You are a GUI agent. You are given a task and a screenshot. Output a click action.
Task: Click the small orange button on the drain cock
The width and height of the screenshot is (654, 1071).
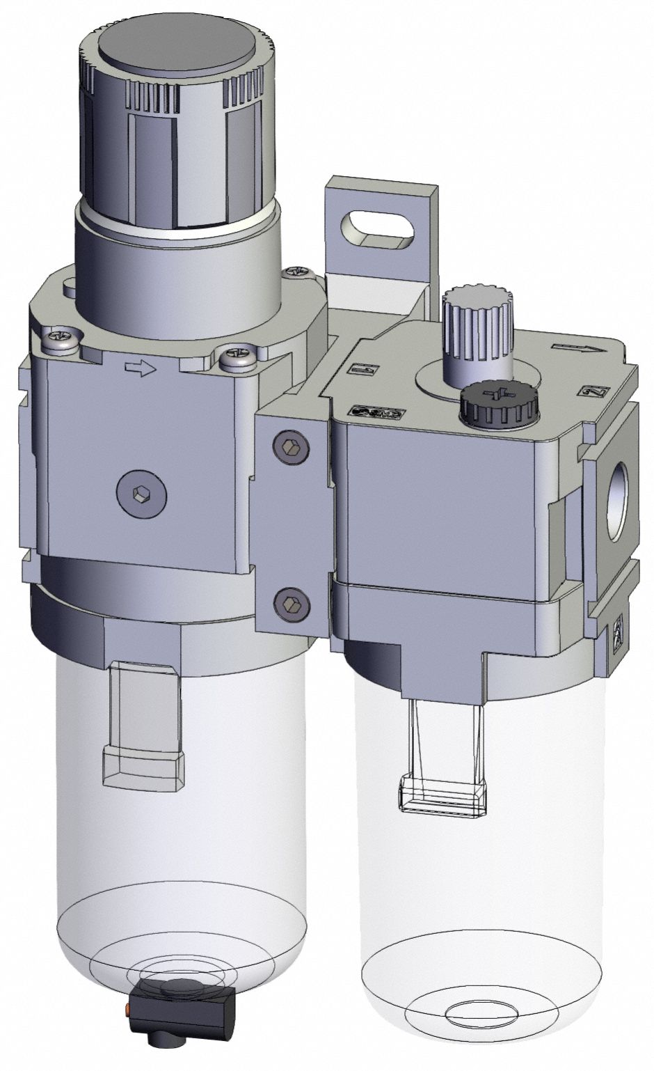click(x=127, y=1008)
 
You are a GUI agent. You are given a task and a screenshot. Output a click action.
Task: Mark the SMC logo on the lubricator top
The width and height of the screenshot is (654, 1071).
click(x=375, y=412)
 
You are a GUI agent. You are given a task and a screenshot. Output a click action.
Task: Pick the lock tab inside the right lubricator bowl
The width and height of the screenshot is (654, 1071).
click(x=442, y=794)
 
